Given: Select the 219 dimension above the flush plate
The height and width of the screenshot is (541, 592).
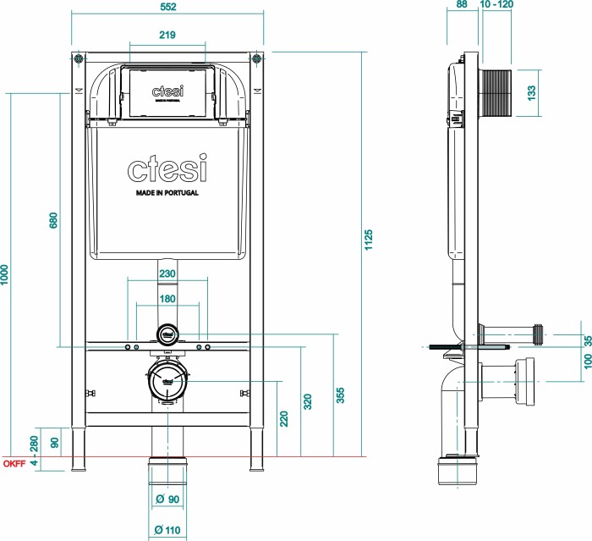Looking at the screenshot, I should (166, 36).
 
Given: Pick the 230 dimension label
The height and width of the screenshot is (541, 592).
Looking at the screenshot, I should (167, 273).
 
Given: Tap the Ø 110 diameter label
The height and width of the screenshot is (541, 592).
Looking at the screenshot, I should (167, 531).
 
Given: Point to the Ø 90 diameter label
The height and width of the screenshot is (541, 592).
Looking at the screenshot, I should (167, 500).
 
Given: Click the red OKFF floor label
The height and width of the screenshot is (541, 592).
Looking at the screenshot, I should (13, 463).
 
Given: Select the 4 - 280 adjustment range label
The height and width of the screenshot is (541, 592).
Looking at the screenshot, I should (34, 450).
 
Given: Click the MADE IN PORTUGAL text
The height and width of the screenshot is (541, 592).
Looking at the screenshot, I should (167, 193).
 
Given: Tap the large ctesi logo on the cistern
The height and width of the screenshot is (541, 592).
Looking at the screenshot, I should (167, 169).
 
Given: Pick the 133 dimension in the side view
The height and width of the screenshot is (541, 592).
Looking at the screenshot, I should (532, 92).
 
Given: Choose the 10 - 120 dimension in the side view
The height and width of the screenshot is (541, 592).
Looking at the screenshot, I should (496, 5).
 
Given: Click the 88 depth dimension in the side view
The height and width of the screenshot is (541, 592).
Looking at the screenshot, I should (461, 5).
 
